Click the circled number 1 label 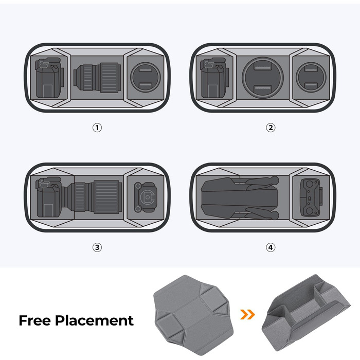pyautogui.click(x=97, y=128)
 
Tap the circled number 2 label pyautogui.click(x=271, y=128)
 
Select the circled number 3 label pyautogui.click(x=97, y=247)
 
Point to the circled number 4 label pyautogui.click(x=271, y=247)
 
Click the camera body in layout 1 pyautogui.click(x=49, y=78)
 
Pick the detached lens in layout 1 pyautogui.click(x=97, y=78)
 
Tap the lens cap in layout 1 pyautogui.click(x=146, y=77)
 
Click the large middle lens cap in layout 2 pyautogui.click(x=263, y=78)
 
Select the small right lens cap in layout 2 pyautogui.click(x=311, y=77)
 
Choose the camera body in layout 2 pyautogui.click(x=214, y=78)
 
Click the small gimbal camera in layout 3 pyautogui.click(x=146, y=197)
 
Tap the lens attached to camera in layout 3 pyautogui.click(x=92, y=197)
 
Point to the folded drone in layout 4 pyautogui.click(x=240, y=197)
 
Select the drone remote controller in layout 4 pyautogui.click(x=311, y=197)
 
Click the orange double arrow pyautogui.click(x=247, y=314)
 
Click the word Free pyautogui.click(x=35, y=320)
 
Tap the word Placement pyautogui.click(x=94, y=321)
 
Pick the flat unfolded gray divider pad pyautogui.click(x=193, y=315)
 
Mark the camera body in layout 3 pyautogui.click(x=49, y=197)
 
